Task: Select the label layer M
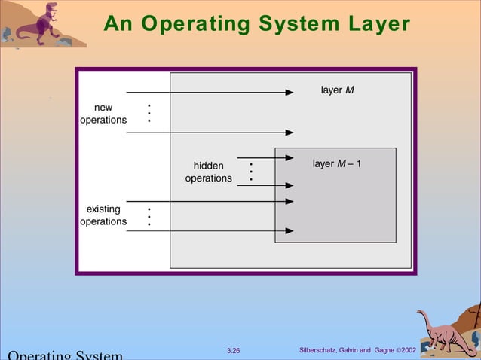[x=337, y=90]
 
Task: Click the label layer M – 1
[x=336, y=163]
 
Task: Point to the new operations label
[x=103, y=114]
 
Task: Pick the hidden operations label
[x=208, y=172]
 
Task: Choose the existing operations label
[x=103, y=215]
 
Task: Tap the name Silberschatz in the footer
[x=322, y=350]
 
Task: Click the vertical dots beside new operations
[x=149, y=113]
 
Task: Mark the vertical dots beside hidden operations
[x=250, y=172]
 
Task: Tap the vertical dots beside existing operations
[x=149, y=216]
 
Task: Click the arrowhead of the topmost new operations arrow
[x=289, y=93]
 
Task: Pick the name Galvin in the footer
[x=357, y=350]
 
